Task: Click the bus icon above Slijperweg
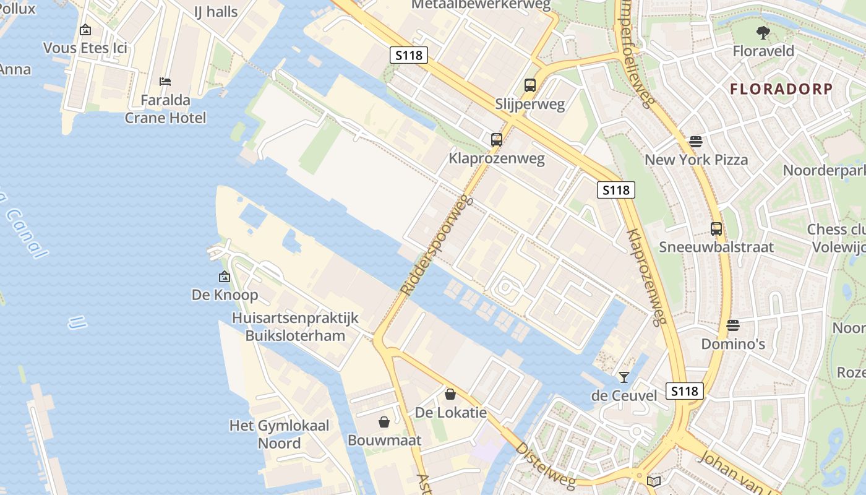tap(529, 85)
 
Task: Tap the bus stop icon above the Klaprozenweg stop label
tap(496, 140)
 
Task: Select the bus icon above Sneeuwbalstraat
tap(716, 229)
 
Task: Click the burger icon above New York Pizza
tap(696, 142)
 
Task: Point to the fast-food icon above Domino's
tap(733, 325)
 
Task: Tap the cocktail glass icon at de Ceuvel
tap(624, 377)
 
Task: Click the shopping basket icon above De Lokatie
tap(450, 394)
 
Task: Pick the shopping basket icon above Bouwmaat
tap(384, 422)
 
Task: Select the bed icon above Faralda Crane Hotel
tap(165, 82)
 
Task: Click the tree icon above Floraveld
tap(763, 32)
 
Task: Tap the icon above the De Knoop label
tap(225, 277)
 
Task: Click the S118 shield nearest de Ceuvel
tap(685, 391)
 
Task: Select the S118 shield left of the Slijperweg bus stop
tap(409, 55)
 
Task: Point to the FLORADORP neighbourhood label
tap(781, 88)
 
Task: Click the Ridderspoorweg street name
tap(437, 246)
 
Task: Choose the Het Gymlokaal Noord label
tap(279, 434)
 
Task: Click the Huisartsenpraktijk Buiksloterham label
tap(295, 327)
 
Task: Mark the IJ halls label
tap(215, 11)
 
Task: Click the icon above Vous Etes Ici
tap(85, 30)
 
